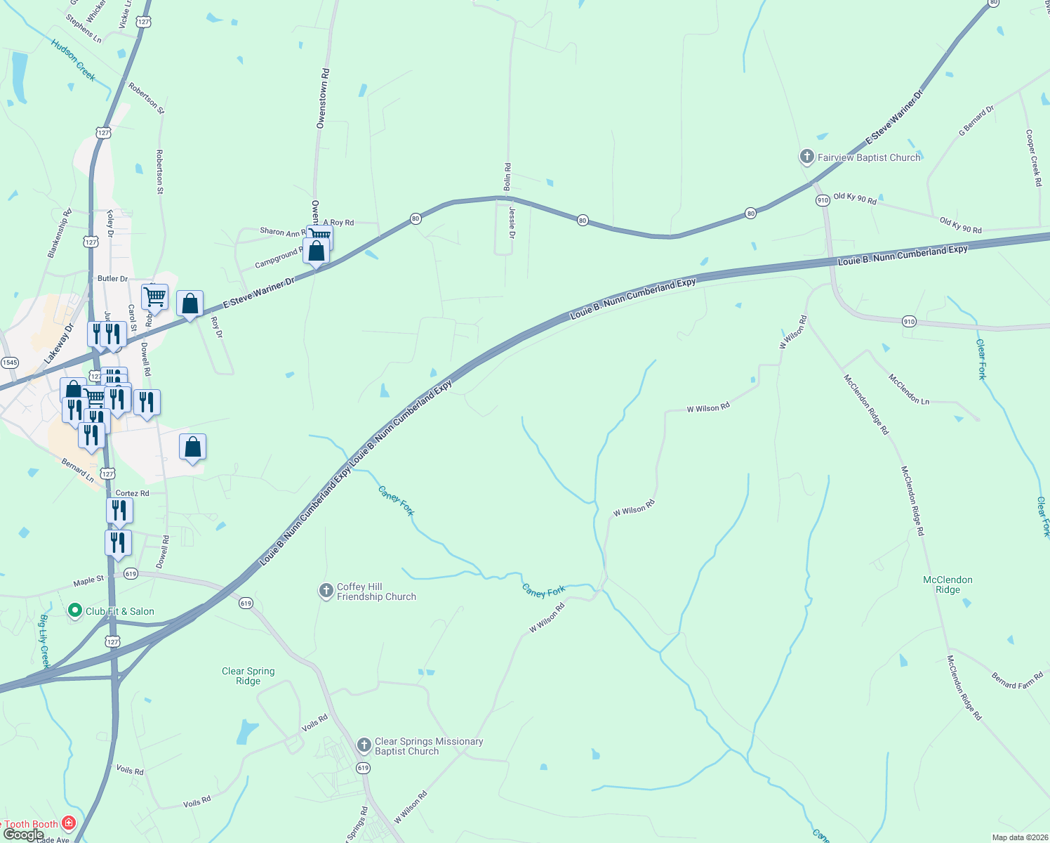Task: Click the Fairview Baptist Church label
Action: click(869, 158)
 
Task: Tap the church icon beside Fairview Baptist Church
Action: click(807, 157)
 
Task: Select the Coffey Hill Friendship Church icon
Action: click(326, 591)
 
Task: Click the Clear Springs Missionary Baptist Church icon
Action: click(364, 745)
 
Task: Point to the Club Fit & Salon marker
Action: click(75, 610)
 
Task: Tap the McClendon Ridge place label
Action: click(948, 584)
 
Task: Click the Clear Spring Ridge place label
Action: click(248, 676)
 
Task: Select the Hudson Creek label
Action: click(73, 60)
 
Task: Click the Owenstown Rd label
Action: click(322, 98)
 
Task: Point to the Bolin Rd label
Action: click(507, 177)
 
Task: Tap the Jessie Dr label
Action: click(512, 223)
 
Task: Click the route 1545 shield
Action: click(9, 362)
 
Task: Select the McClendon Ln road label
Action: click(909, 389)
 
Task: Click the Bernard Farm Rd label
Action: click(1018, 680)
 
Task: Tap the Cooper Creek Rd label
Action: click(1033, 157)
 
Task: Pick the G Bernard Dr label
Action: click(976, 121)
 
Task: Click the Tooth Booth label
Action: click(31, 824)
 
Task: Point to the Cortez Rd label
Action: click(132, 493)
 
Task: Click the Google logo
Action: click(23, 835)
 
